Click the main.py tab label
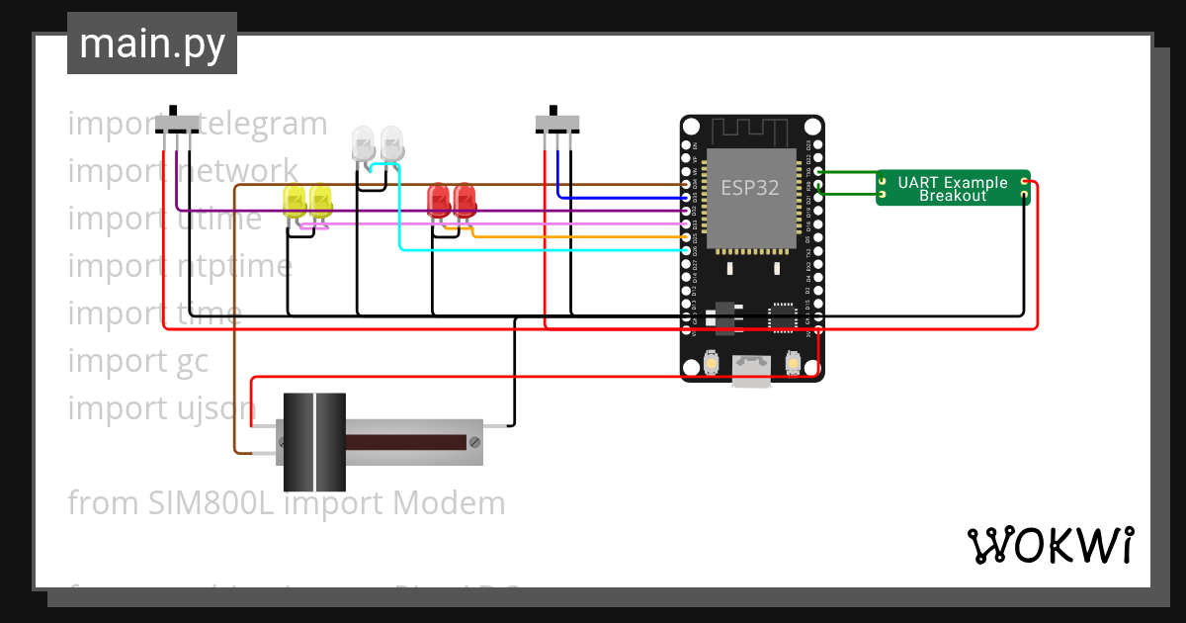[x=152, y=44]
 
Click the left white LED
[x=363, y=143]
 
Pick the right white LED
[x=392, y=143]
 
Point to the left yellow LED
[x=295, y=201]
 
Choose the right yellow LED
[x=320, y=201]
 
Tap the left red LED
[x=438, y=201]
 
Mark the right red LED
[x=465, y=201]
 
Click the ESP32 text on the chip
[x=750, y=188]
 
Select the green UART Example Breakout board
[x=953, y=188]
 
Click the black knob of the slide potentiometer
[x=314, y=442]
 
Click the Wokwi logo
[x=1050, y=545]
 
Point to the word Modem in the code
[x=449, y=503]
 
